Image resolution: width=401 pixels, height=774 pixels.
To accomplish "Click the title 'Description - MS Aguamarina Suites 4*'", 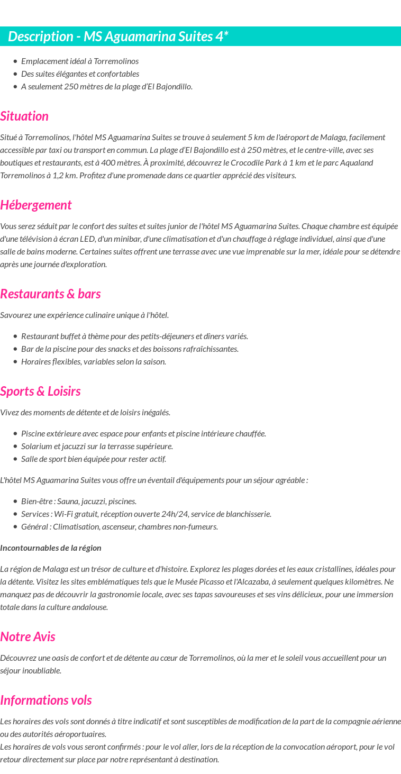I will (x=118, y=37).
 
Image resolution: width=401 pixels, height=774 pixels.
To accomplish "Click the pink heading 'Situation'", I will (x=24, y=116).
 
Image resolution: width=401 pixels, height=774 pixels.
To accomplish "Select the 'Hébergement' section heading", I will (x=36, y=205).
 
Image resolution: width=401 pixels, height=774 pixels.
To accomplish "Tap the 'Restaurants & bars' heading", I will (x=50, y=294).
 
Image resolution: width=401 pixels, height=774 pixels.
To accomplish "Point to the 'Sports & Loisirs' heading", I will (x=40, y=391).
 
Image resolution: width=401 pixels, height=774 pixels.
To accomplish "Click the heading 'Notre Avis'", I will (x=28, y=636).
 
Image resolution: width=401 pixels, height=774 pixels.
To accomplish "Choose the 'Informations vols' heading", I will (x=46, y=700).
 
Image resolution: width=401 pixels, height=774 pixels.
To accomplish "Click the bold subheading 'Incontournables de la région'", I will (x=51, y=548).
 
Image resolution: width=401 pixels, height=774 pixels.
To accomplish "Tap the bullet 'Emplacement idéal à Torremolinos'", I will (x=80, y=61).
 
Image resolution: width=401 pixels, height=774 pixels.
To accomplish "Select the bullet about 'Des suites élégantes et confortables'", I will (x=80, y=74).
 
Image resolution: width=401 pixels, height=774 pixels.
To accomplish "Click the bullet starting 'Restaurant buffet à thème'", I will (x=134, y=336).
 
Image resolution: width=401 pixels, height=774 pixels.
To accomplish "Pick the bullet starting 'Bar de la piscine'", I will (x=130, y=349).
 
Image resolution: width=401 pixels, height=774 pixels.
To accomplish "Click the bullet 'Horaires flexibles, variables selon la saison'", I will (x=94, y=361).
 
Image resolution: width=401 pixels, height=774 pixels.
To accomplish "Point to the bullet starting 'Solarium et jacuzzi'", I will (x=97, y=446).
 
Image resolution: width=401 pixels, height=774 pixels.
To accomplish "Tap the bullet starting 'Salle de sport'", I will (x=94, y=459).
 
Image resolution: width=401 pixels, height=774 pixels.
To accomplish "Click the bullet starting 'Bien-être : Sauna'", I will (x=79, y=501).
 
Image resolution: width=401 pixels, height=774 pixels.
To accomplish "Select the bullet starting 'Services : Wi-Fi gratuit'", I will (x=146, y=514).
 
